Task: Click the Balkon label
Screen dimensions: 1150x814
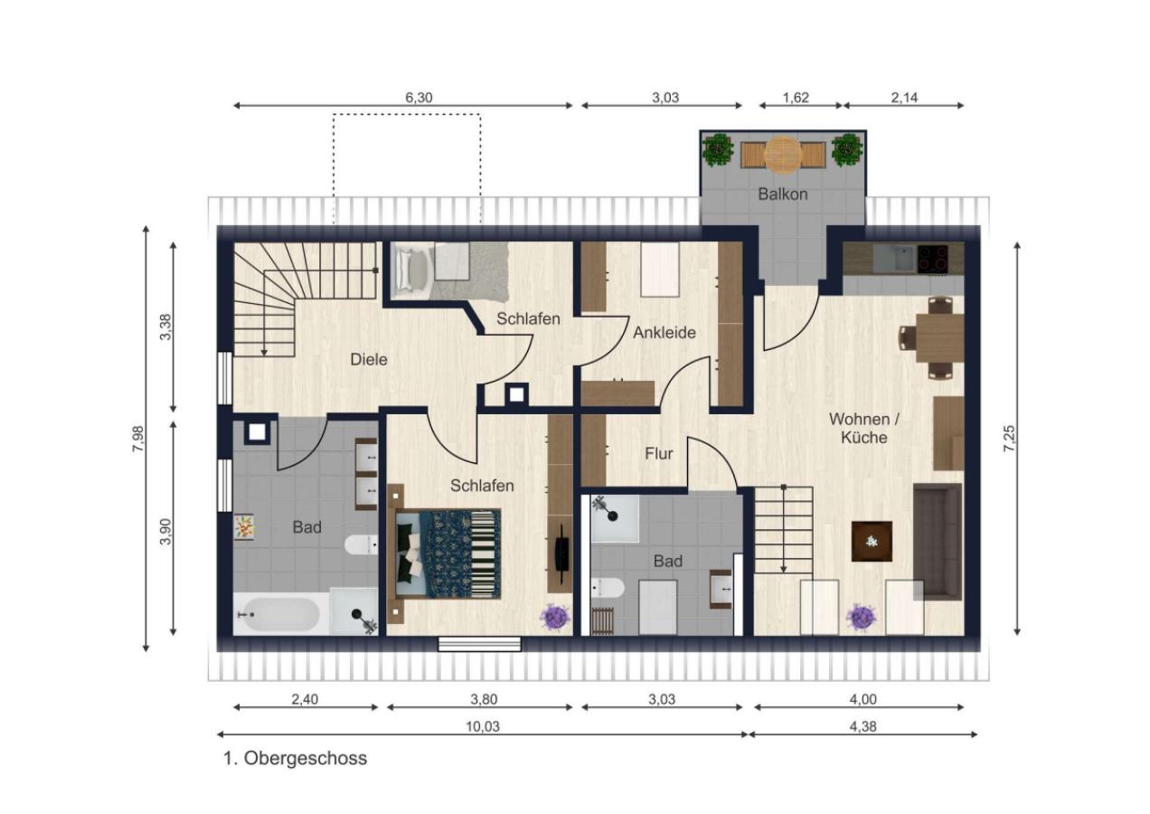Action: coord(782,194)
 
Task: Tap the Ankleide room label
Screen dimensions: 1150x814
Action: coord(665,333)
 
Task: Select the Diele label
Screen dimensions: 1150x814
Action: coord(369,359)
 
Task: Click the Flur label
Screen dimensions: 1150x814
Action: coord(659,454)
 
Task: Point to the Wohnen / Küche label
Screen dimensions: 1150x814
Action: coord(864,429)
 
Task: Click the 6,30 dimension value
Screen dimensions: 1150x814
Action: coord(419,97)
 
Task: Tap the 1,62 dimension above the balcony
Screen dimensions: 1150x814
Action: coord(796,97)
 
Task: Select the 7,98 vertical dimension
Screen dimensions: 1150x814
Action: coord(138,439)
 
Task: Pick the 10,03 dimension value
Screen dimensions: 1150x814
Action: coord(483,726)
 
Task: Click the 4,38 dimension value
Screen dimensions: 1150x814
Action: coord(863,726)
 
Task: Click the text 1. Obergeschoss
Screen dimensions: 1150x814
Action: coord(296,759)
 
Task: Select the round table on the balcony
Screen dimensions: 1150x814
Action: coord(783,154)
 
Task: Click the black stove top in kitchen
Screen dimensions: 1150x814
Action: coord(933,259)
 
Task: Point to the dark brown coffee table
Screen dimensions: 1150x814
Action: coord(872,541)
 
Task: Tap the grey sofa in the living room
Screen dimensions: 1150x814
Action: coord(938,542)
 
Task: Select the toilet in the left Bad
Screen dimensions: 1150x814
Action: coord(362,544)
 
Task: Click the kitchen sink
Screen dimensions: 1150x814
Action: coord(894,259)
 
